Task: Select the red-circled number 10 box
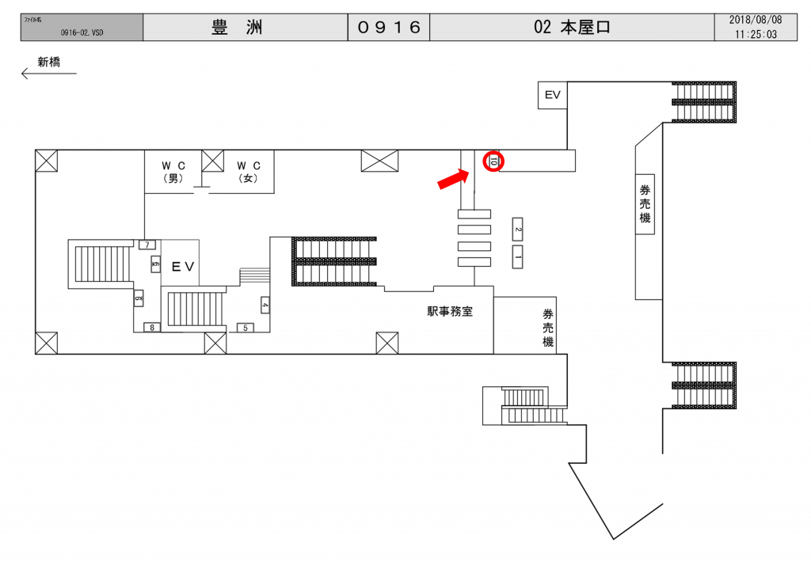point(493,161)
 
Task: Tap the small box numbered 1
point(517,256)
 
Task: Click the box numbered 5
point(245,328)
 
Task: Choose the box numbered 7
point(147,245)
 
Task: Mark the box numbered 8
point(149,327)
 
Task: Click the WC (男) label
point(173,172)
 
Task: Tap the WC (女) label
point(249,172)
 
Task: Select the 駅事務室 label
point(450,312)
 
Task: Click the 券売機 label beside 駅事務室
point(547,328)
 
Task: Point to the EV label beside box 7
point(183,268)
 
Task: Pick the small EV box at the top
point(552,95)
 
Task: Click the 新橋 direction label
point(49,62)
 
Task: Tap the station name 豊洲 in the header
point(237,28)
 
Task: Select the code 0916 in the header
point(388,28)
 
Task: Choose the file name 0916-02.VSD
point(82,33)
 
